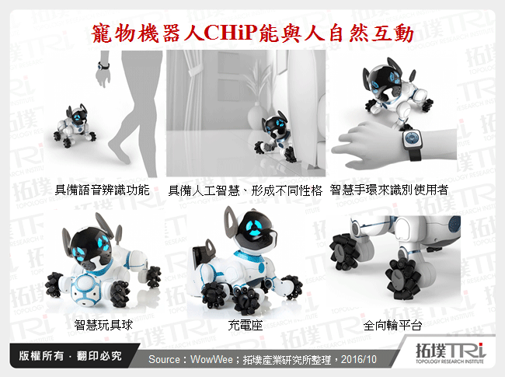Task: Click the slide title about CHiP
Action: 252,32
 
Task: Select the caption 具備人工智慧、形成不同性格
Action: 245,190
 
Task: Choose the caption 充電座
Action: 245,324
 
